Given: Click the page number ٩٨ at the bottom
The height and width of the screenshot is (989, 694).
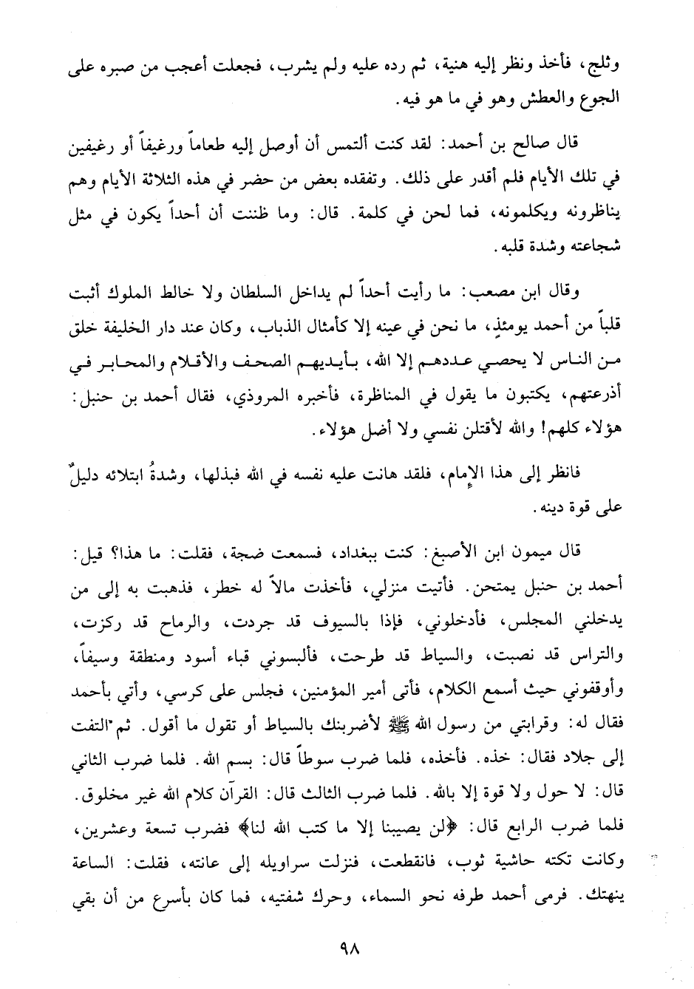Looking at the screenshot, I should tap(347, 949).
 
